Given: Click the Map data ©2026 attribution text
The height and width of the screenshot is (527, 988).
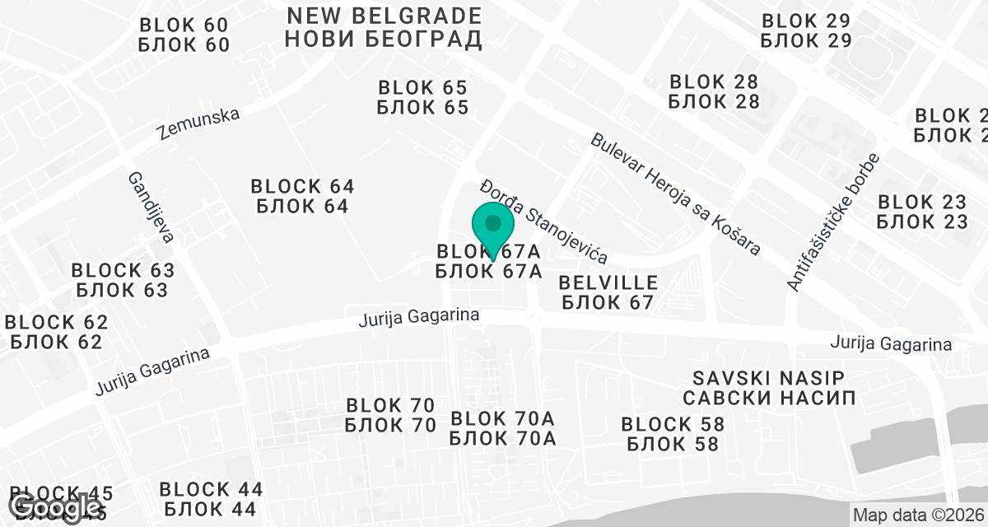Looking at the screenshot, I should [x=918, y=515].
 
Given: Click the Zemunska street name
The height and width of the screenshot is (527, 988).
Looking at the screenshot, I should [x=198, y=124].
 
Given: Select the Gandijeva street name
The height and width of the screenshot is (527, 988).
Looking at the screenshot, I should [x=150, y=208].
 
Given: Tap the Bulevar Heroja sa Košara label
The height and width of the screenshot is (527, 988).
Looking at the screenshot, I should [x=675, y=194].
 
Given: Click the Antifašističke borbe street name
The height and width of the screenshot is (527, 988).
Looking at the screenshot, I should [x=833, y=222].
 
